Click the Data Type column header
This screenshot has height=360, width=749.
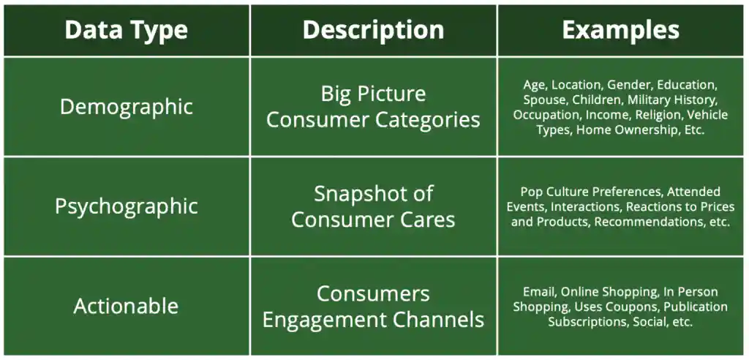[126, 30]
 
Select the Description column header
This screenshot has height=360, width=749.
[373, 30]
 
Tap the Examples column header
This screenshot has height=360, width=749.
[620, 30]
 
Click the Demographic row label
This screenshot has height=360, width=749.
[126, 107]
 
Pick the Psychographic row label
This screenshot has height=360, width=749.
[126, 206]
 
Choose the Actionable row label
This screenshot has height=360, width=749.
[126, 306]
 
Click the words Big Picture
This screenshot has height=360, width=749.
[373, 94]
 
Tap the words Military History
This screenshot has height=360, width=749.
[672, 100]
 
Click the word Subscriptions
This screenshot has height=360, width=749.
[587, 322]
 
